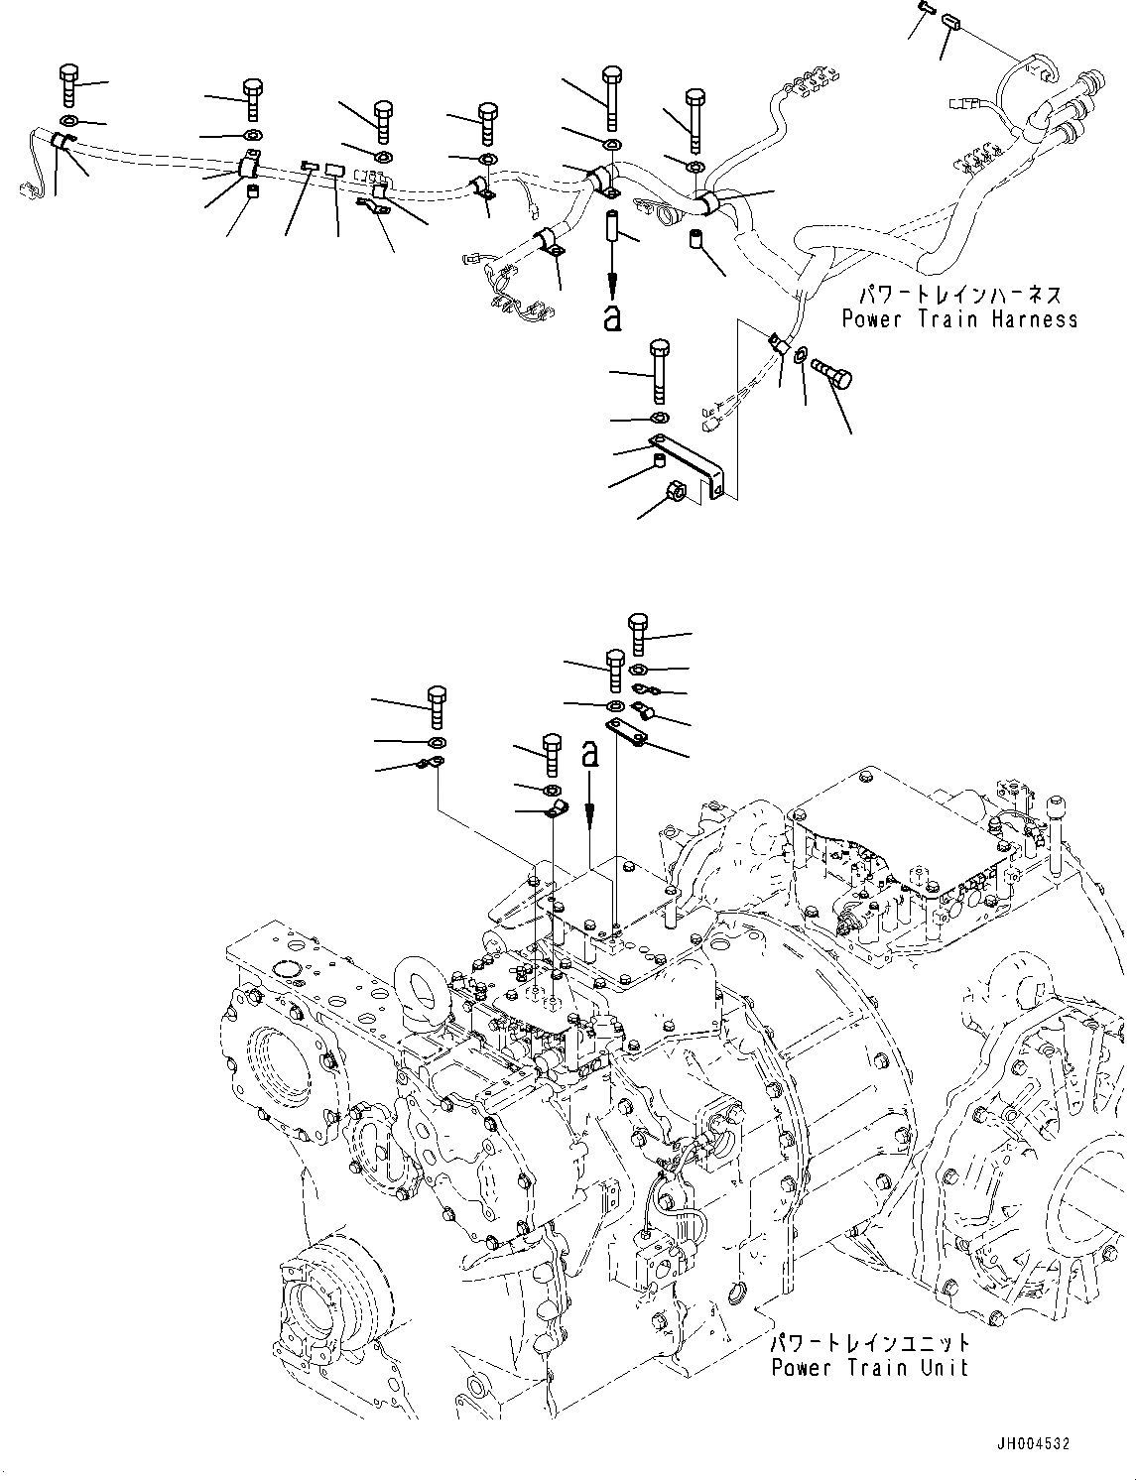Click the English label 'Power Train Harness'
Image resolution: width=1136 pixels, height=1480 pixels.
pos(958,319)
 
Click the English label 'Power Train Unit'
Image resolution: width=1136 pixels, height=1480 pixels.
pos(869,1368)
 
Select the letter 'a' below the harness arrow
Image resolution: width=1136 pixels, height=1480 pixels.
pos(613,317)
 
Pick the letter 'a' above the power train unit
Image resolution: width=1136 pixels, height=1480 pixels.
pos(591,754)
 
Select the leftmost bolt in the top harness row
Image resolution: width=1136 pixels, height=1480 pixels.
pos(68,84)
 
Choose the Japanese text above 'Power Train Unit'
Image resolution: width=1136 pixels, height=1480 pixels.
pos(869,1344)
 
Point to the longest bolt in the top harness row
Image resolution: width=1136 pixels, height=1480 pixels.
pos(611,95)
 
